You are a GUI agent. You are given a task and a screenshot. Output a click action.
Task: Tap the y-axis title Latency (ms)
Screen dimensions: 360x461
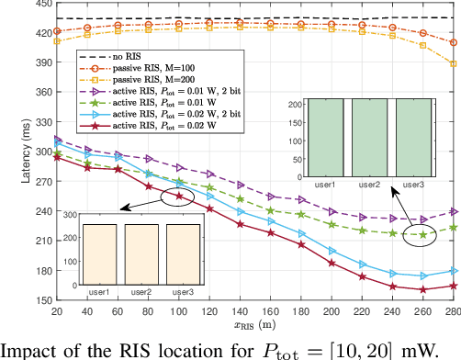pyautogui.click(x=9, y=152)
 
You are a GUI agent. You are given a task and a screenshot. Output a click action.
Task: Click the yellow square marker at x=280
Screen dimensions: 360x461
pyautogui.click(x=452, y=63)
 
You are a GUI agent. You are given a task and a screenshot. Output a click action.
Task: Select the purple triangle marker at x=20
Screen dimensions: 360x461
pyautogui.click(x=58, y=140)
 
